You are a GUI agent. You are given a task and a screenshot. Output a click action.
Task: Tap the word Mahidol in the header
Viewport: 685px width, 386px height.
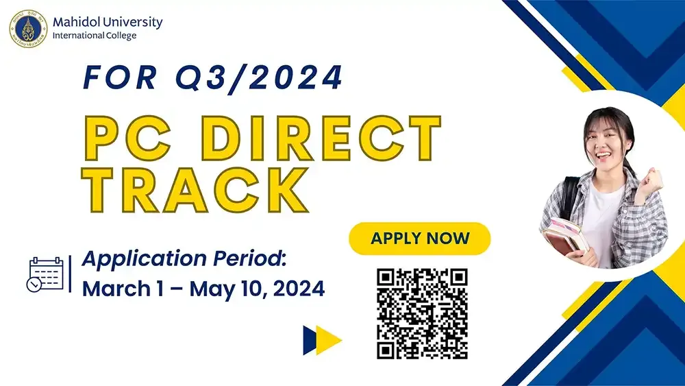[x=75, y=22]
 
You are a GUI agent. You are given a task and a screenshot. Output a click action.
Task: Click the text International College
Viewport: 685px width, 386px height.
[x=94, y=36]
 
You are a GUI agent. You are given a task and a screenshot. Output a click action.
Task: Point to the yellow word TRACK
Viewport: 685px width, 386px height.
[x=195, y=186]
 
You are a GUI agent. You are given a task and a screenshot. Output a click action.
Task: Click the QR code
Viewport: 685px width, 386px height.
[x=422, y=313]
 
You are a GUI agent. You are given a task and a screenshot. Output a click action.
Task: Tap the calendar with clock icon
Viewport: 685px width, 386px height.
[x=46, y=274]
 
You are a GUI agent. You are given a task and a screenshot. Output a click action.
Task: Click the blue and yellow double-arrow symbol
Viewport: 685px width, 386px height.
[x=322, y=339]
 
